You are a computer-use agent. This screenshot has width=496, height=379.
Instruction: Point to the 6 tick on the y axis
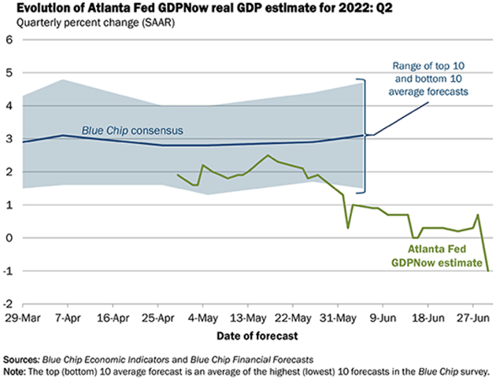(x=9, y=39)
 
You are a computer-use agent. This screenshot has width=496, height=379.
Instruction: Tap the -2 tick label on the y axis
(x=8, y=304)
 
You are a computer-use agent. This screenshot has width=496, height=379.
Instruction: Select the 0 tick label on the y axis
(x=9, y=237)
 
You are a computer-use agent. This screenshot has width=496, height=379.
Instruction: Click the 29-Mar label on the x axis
(x=21, y=321)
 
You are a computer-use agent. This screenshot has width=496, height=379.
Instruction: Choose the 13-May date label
(x=249, y=321)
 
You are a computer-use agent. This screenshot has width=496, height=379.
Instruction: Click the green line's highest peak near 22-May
(x=268, y=155)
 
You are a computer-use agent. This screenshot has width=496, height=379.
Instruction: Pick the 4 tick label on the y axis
(x=9, y=105)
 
